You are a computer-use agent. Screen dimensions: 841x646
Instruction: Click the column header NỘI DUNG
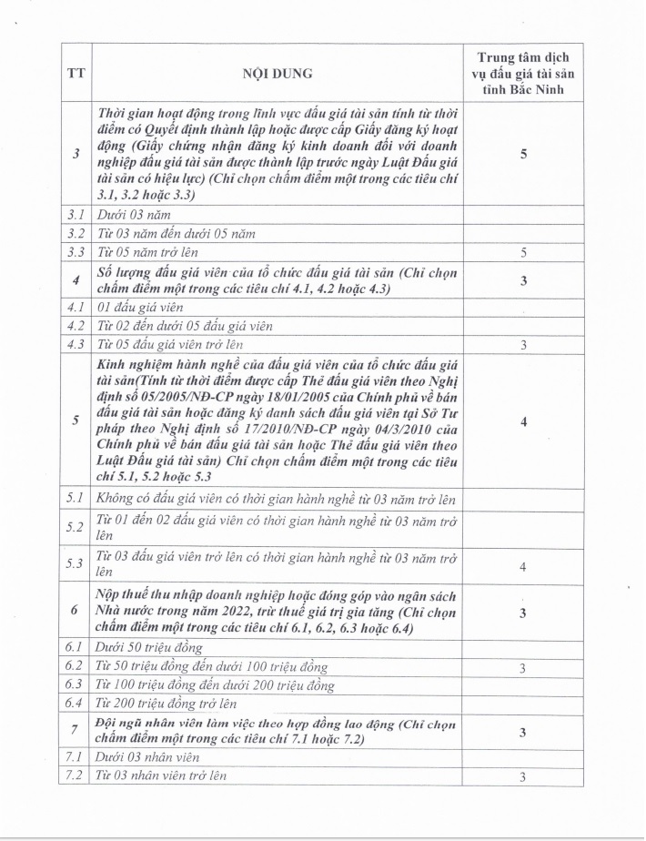(x=277, y=74)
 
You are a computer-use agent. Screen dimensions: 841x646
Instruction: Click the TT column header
(x=76, y=74)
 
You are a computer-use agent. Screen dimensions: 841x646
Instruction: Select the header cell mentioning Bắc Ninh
(x=522, y=74)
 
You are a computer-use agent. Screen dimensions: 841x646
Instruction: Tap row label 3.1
(x=76, y=216)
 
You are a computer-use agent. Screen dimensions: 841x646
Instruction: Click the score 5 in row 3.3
(x=523, y=251)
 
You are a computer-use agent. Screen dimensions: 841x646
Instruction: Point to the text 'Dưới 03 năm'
(x=134, y=216)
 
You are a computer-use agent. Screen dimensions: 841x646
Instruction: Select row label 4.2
(x=76, y=326)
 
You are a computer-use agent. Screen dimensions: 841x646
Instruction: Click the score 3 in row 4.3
(x=523, y=345)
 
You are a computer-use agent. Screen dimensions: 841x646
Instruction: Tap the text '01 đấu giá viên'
(x=140, y=308)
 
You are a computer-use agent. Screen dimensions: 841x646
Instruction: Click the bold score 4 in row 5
(x=523, y=422)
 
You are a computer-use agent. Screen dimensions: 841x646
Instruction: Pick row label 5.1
(x=76, y=499)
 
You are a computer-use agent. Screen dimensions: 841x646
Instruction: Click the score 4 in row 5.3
(x=523, y=567)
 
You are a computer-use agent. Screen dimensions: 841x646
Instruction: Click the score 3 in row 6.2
(x=523, y=669)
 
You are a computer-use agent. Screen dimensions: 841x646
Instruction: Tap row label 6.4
(x=76, y=704)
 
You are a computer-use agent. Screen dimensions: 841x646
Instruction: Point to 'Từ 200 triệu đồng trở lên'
(x=167, y=704)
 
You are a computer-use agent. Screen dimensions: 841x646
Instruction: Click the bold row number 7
(x=76, y=732)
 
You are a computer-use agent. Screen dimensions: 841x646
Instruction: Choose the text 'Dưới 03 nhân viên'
(x=147, y=757)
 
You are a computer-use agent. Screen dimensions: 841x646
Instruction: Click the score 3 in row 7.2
(x=523, y=776)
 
